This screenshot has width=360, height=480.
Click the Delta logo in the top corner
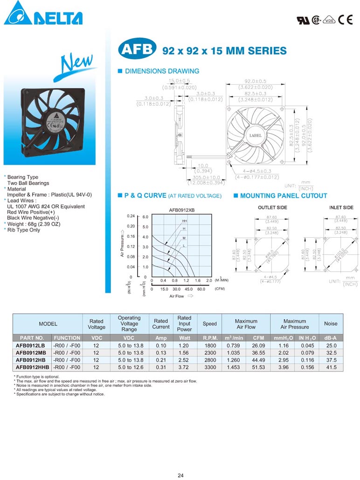(43, 14)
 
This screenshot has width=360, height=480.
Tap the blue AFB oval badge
(137, 49)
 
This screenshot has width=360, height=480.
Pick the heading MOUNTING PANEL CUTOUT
(284, 196)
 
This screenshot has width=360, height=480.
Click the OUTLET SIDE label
(272, 207)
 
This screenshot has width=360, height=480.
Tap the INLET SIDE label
(341, 207)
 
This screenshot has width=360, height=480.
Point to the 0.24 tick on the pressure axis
(131, 217)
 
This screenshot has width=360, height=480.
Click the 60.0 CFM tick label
(201, 289)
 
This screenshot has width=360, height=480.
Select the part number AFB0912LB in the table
(31, 345)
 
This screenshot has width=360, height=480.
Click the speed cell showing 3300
(210, 368)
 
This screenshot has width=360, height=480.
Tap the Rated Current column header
(161, 324)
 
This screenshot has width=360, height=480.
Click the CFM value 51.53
(258, 368)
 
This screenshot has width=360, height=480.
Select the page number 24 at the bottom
(180, 475)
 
